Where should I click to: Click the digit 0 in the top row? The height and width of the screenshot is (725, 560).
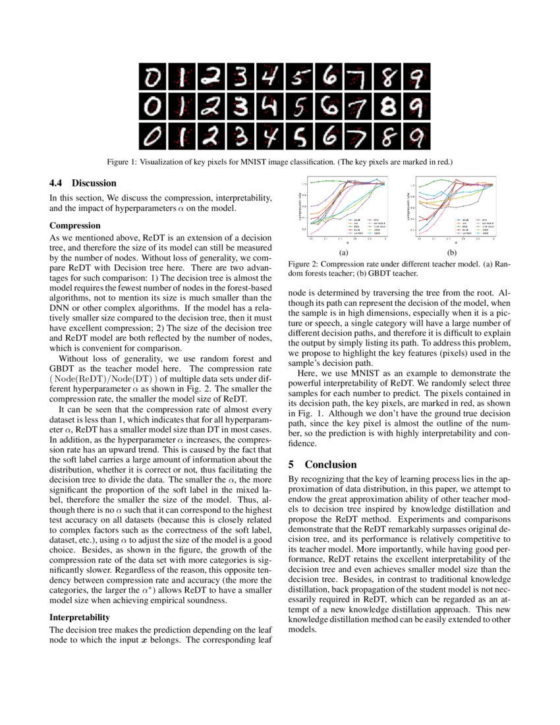153,78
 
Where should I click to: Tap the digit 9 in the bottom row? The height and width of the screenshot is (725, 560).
416,136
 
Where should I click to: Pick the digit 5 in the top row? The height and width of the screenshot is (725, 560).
300,78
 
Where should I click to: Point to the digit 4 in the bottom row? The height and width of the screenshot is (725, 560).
270,136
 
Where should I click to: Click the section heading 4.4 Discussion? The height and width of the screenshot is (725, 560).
83,183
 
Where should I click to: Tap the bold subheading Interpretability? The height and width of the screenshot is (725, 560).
79,618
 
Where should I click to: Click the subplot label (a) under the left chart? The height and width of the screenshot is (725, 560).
343,252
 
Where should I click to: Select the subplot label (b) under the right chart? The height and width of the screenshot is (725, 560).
451,252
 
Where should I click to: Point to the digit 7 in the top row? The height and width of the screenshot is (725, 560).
359,78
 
